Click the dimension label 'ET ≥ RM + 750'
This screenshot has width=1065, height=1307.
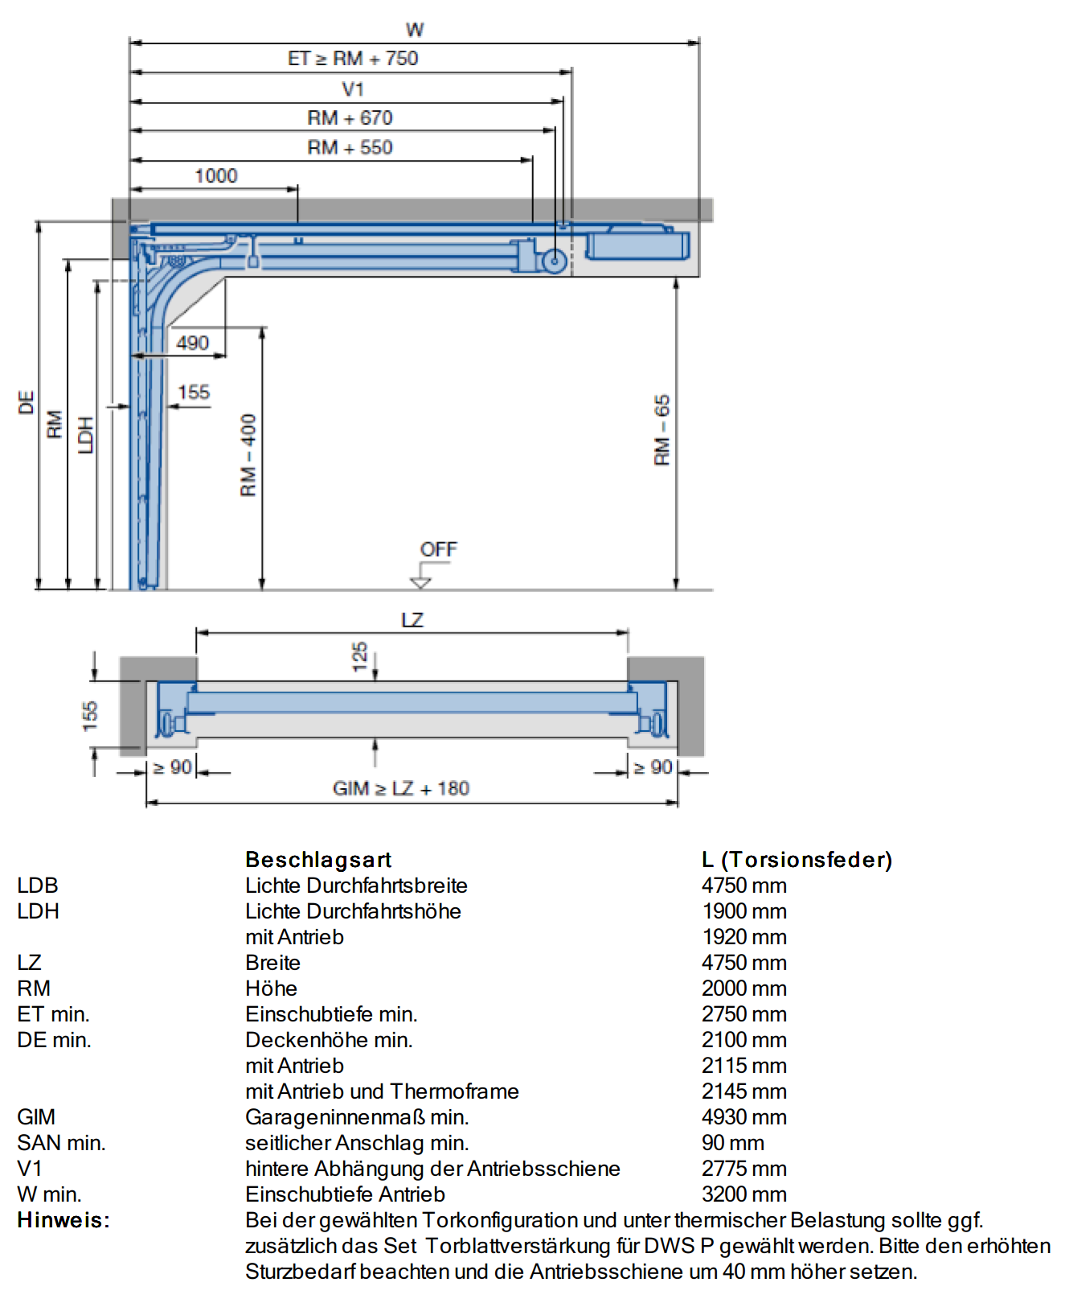[353, 58]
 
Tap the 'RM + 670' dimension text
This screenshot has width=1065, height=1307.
[350, 117]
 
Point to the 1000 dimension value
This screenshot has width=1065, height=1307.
[216, 175]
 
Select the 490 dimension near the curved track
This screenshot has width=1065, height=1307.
[193, 343]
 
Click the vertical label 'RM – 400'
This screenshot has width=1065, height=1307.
[248, 455]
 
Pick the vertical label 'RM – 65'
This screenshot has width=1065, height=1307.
[662, 430]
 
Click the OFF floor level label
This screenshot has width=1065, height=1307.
[438, 549]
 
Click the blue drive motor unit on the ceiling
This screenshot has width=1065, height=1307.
[637, 244]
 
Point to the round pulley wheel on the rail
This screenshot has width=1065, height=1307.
[554, 261]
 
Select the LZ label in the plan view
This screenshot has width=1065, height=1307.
[412, 620]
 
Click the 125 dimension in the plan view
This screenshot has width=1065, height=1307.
[359, 656]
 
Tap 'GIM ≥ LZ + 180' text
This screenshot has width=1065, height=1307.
[401, 788]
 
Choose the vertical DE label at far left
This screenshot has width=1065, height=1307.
[27, 402]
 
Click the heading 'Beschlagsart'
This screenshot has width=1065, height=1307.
[318, 860]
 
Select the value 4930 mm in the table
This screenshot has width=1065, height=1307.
[744, 1117]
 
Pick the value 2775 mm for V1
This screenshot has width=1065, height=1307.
[744, 1169]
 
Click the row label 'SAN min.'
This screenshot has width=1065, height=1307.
[61, 1143]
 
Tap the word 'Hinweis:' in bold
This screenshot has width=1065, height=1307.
[63, 1220]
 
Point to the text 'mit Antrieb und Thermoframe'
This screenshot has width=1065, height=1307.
[382, 1091]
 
